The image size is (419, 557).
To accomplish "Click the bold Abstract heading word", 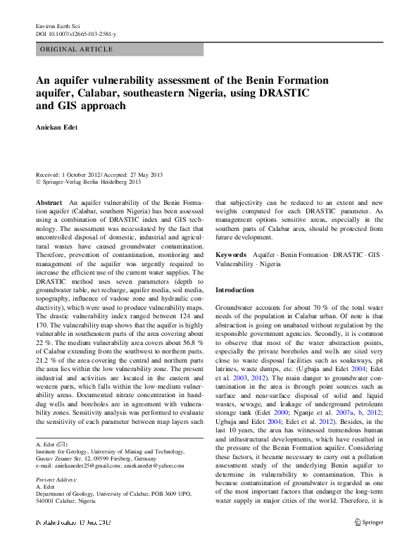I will pos(50,202).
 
